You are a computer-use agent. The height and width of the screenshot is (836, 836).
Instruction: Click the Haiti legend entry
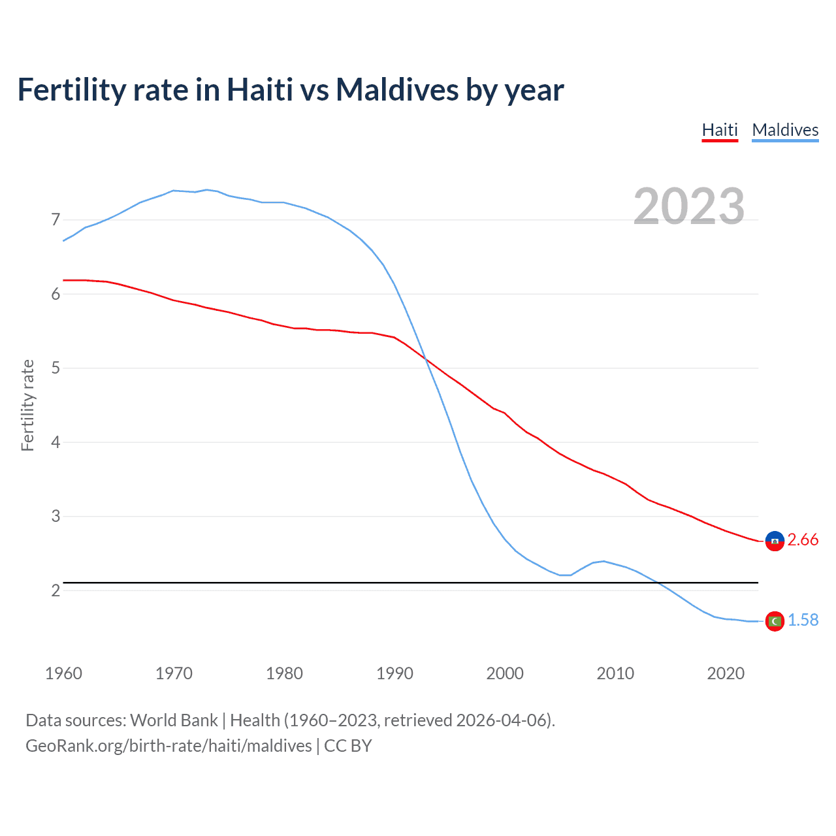(x=720, y=130)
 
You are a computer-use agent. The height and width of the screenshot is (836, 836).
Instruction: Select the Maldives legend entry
(x=785, y=130)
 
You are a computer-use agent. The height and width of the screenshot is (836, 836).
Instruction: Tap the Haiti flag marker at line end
(x=775, y=541)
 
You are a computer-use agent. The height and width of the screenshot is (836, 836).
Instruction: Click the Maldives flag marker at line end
(x=775, y=621)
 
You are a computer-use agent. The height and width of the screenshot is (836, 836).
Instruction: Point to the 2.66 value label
(x=803, y=540)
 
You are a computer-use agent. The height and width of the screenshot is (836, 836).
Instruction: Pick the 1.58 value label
(x=803, y=620)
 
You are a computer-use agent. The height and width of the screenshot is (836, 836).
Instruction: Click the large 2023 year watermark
(x=689, y=206)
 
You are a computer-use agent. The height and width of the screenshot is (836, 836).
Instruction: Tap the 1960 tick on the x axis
(x=63, y=673)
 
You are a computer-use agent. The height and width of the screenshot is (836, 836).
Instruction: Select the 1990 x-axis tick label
(x=394, y=673)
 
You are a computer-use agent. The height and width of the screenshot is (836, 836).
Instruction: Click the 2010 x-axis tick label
(x=615, y=673)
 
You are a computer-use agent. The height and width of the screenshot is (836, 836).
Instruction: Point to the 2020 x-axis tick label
(x=726, y=673)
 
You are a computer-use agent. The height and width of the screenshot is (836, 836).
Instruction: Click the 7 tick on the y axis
(x=56, y=220)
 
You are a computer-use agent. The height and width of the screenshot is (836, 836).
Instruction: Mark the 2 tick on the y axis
(x=56, y=590)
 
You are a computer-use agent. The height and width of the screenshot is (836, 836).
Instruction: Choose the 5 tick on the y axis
(x=56, y=368)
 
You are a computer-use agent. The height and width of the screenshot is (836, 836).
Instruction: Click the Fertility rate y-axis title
(x=27, y=405)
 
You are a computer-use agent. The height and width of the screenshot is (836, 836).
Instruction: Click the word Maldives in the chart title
(x=397, y=90)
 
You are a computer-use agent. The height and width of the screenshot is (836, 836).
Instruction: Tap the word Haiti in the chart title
(x=260, y=90)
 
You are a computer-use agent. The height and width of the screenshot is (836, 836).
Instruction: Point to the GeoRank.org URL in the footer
(x=169, y=746)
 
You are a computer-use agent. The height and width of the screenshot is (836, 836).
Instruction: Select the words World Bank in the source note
(x=174, y=720)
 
